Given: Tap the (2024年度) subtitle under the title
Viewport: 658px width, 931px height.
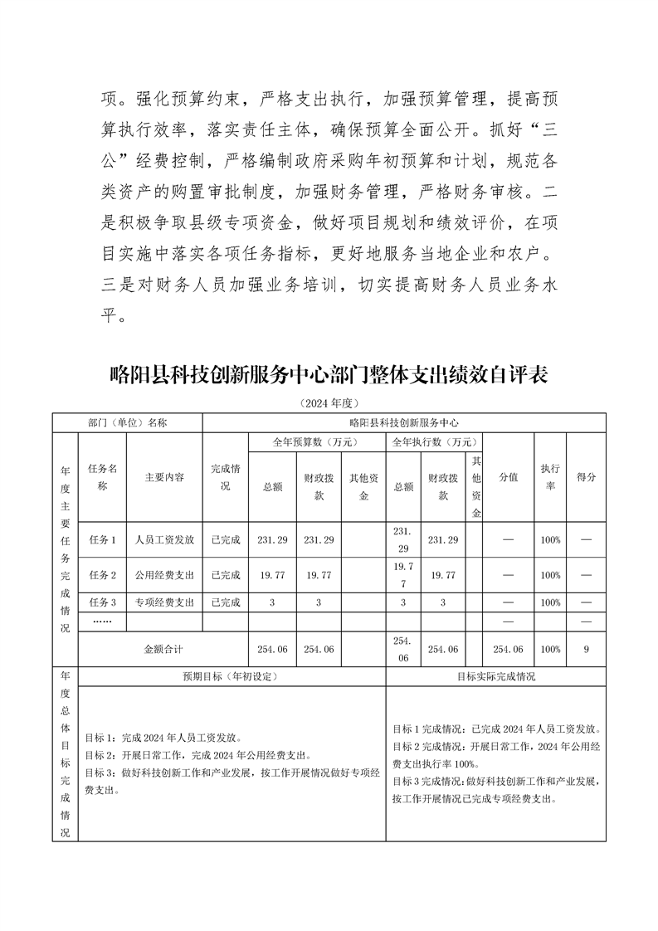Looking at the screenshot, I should tap(329, 403).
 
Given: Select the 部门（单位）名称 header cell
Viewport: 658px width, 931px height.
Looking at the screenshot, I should tap(128, 422).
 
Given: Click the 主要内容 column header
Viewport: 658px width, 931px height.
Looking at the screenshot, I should tap(164, 478).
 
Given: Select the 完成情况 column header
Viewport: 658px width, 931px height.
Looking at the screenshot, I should tap(226, 477).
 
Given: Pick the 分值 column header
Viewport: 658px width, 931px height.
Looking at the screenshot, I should tap(508, 478).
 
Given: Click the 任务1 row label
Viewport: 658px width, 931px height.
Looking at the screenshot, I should tap(103, 539).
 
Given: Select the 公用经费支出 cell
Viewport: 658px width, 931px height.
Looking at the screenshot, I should tap(164, 574).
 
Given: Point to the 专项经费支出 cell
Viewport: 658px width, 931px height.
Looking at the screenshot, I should tap(164, 602).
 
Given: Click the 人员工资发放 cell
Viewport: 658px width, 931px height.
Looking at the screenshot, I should tap(164, 539).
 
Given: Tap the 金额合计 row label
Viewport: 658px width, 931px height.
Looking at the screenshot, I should tap(163, 649).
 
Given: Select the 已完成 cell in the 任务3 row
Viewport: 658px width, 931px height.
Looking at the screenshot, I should tap(226, 602).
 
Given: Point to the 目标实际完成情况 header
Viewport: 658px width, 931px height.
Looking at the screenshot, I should tap(496, 676).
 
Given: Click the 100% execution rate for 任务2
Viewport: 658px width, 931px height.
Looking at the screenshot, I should tap(549, 574).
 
